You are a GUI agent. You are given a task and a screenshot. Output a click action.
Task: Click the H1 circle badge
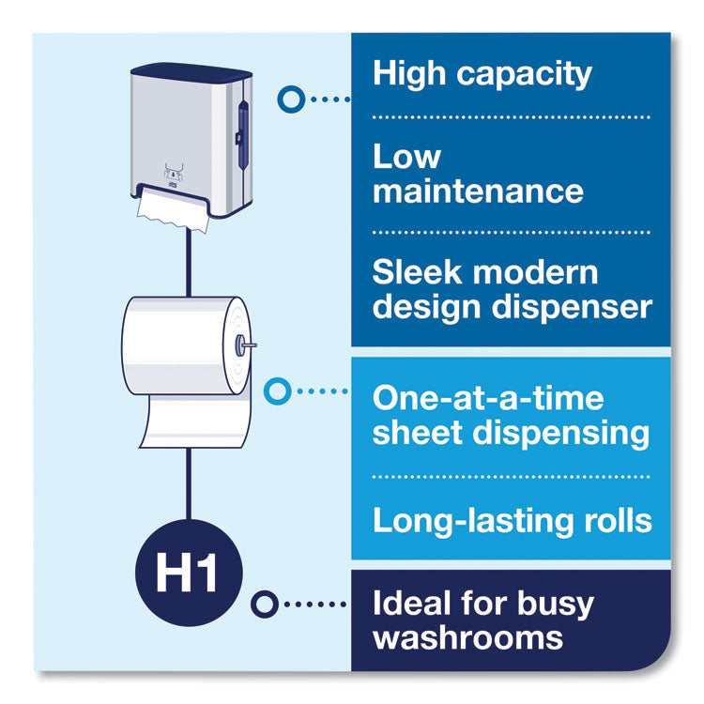coord(189,573)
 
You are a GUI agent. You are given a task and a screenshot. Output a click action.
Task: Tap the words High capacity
coord(482,74)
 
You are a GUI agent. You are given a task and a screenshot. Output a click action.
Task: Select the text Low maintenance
coord(478,174)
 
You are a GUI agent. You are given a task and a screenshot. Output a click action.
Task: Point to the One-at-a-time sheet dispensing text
coord(511,415)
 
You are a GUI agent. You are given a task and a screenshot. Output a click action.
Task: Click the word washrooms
coord(467,638)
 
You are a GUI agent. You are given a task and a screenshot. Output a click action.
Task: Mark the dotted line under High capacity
coord(512,117)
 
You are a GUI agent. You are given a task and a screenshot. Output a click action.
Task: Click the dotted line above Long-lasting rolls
coord(512,477)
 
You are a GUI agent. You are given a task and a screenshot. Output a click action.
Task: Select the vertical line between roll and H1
coord(189,483)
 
